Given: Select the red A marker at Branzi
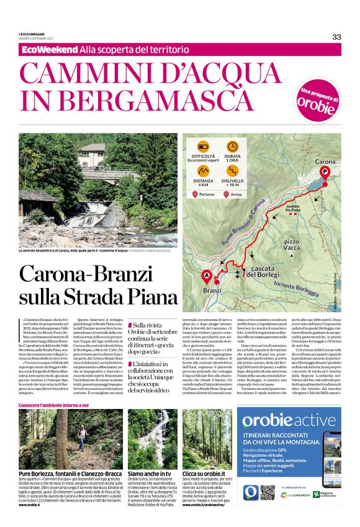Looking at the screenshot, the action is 207,276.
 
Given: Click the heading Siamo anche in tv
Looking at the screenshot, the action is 149,472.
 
